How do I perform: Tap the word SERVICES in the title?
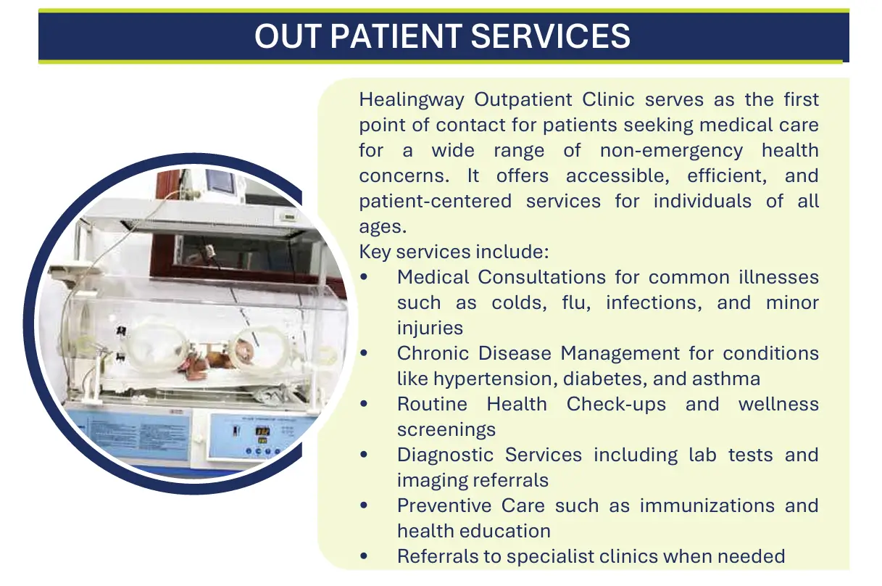pos(551,36)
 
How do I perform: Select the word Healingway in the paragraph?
pos(412,100)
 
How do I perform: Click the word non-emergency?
pos(671,151)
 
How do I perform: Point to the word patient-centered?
pos(435,202)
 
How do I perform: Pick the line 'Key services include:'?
pos(454,252)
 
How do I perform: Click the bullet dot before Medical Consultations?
pos(364,277)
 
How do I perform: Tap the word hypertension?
pos(494,379)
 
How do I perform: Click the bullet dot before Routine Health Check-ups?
pos(364,404)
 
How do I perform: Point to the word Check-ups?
pos(616,405)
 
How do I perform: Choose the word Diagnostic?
pos(445,455)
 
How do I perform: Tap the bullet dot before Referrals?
pos(364,556)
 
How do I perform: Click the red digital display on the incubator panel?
pos(262,431)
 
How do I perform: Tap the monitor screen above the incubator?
pos(221,181)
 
